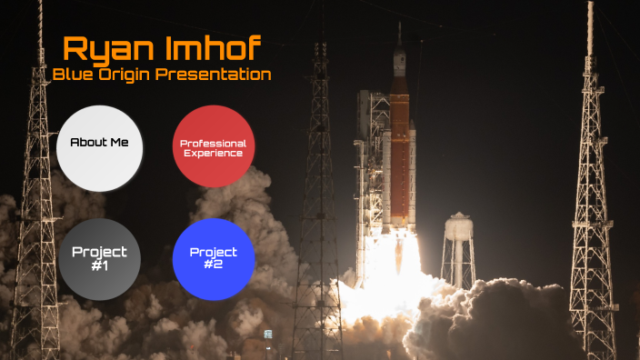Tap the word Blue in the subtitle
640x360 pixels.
74,75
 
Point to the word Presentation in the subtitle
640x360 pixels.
214,75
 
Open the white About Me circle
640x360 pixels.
100,147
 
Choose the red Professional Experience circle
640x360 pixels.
213,147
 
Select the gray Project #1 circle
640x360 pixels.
100,259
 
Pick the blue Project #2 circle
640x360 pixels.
213,259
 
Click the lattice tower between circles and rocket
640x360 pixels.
319,182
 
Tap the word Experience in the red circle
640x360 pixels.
213,153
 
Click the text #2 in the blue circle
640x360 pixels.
213,265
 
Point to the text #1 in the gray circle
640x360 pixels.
100,265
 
